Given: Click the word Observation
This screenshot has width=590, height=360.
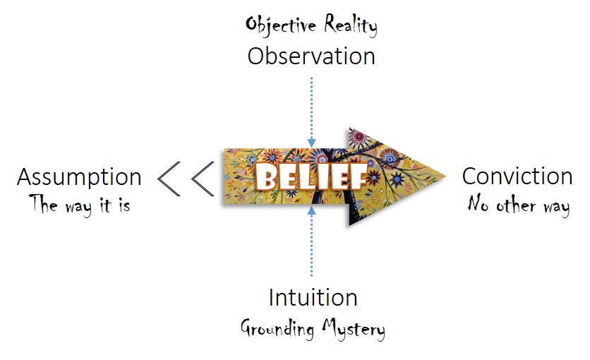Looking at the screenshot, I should [x=311, y=56].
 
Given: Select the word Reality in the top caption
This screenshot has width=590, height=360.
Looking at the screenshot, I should [x=351, y=25].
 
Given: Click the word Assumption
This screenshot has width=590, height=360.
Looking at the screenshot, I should [x=79, y=177].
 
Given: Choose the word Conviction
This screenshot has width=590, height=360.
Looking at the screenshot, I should [x=517, y=176].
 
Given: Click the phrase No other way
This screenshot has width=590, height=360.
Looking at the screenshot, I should [x=518, y=205].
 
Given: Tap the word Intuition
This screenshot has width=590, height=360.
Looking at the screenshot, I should [x=312, y=297].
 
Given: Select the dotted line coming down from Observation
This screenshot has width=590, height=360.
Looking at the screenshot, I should [x=311, y=106].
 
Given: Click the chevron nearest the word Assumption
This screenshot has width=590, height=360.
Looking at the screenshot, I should [x=168, y=178].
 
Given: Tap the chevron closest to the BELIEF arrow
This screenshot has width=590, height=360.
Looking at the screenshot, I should [x=202, y=178].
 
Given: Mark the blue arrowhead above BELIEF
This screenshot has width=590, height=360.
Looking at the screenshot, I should [x=311, y=143].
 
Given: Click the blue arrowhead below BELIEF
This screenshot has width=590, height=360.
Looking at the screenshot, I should [x=311, y=210].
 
